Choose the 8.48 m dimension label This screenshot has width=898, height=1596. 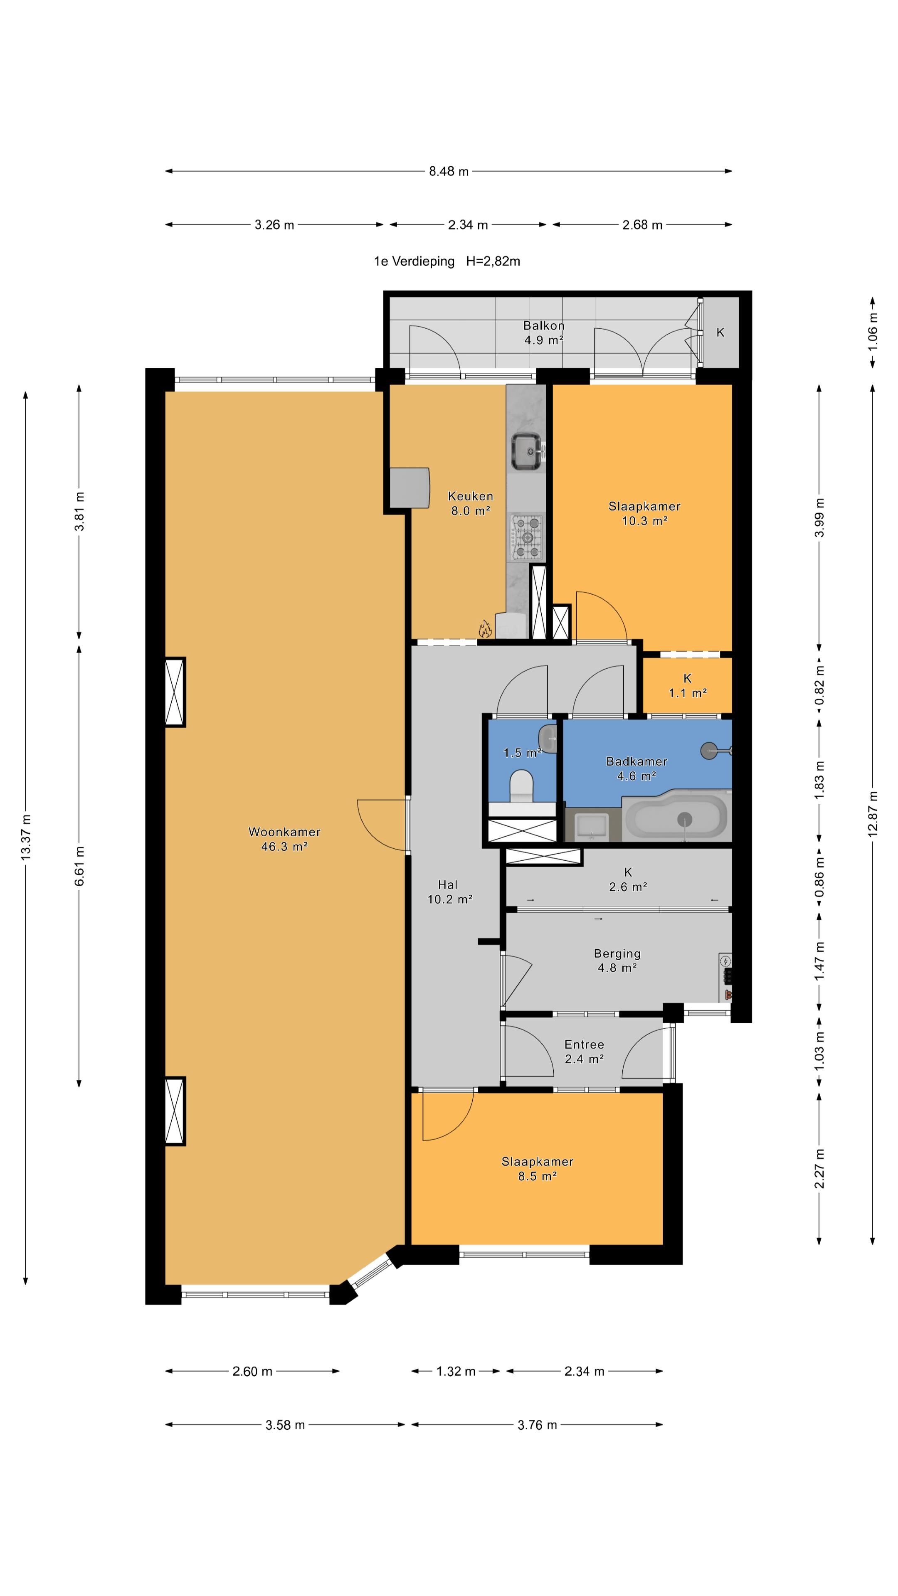pyautogui.click(x=449, y=171)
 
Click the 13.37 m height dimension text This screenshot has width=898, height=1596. pyautogui.click(x=25, y=837)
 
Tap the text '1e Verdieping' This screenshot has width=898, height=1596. pyautogui.click(x=414, y=261)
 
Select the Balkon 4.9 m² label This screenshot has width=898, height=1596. pyautogui.click(x=543, y=332)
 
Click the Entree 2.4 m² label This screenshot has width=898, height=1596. pyautogui.click(x=584, y=1052)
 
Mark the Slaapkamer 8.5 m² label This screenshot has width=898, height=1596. pyautogui.click(x=537, y=1168)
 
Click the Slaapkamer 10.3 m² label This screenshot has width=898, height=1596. pyautogui.click(x=644, y=513)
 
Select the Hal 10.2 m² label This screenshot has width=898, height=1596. pyautogui.click(x=449, y=892)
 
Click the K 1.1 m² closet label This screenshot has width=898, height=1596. pyautogui.click(x=687, y=685)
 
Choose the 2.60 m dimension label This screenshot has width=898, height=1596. pyautogui.click(x=252, y=1371)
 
